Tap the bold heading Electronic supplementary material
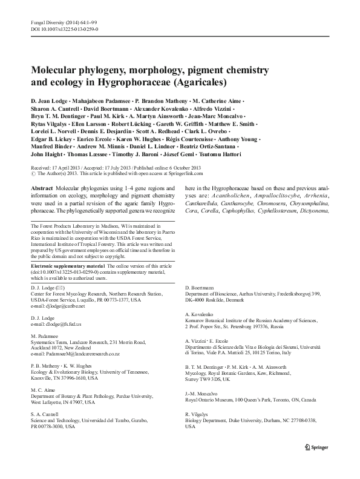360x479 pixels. click(x=67, y=266)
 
